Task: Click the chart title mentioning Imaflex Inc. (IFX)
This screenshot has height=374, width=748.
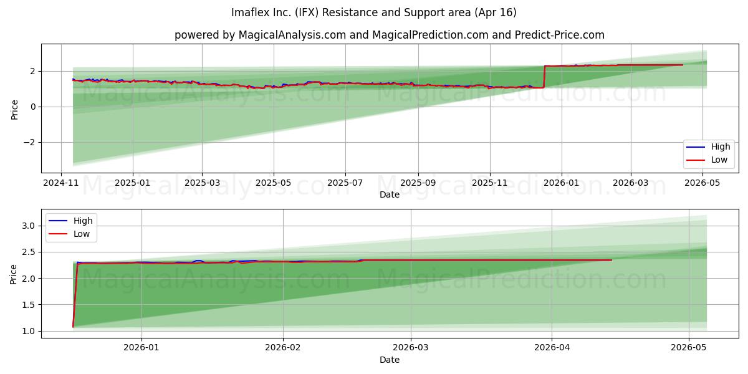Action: click(x=373, y=12)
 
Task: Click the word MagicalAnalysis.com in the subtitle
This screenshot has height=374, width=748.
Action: click(x=292, y=35)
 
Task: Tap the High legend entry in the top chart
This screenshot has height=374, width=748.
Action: click(x=708, y=146)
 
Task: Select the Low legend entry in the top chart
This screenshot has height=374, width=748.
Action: click(x=707, y=160)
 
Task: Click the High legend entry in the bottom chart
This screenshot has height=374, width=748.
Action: click(x=71, y=221)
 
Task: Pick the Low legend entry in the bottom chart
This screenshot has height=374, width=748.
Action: click(x=69, y=234)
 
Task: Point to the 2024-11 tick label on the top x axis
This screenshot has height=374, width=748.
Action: click(x=61, y=183)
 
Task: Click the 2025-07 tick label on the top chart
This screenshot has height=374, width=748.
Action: click(x=345, y=183)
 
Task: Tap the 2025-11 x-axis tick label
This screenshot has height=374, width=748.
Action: click(x=489, y=183)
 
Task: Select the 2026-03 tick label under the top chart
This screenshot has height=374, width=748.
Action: click(x=631, y=183)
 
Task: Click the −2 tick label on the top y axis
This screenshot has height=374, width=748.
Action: click(x=29, y=142)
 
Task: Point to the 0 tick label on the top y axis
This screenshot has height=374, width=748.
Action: click(x=32, y=107)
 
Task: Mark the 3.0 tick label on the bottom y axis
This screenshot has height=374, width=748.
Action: click(x=29, y=226)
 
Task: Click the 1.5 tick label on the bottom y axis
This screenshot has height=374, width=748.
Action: click(x=29, y=305)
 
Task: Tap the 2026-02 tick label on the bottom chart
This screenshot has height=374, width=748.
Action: click(x=283, y=348)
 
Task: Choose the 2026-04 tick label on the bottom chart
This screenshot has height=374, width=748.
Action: click(x=552, y=348)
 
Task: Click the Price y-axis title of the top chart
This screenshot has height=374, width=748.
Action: click(x=14, y=110)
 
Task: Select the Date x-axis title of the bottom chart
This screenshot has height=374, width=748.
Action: click(x=390, y=360)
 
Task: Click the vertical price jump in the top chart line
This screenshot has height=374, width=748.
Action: click(x=544, y=77)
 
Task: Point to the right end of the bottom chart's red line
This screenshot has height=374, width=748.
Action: click(x=611, y=260)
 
